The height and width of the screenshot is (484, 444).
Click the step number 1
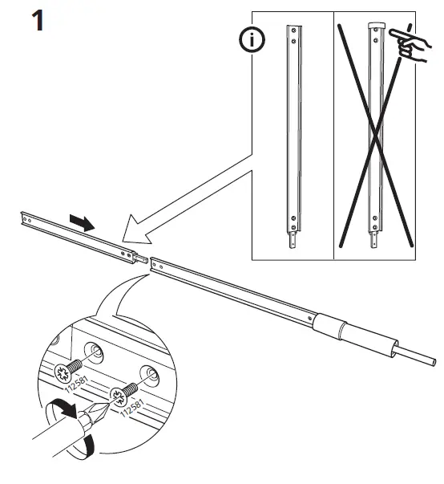(36, 19)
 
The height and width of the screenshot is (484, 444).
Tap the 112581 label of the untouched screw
(71, 386)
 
